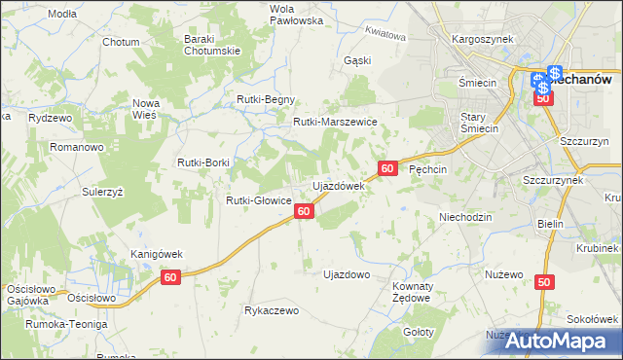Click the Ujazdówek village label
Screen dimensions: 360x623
(338, 185)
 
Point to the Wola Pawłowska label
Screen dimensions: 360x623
(268, 14)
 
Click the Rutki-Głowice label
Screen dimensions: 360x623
(259, 200)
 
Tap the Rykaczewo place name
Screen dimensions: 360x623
(272, 311)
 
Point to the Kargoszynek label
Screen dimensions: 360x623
(483, 39)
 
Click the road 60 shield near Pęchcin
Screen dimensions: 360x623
(387, 168)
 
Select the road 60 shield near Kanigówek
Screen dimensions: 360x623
(171, 278)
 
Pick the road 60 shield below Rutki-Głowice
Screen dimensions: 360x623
(304, 211)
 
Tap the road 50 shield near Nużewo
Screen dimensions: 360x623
(543, 282)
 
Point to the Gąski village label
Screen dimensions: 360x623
(357, 59)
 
